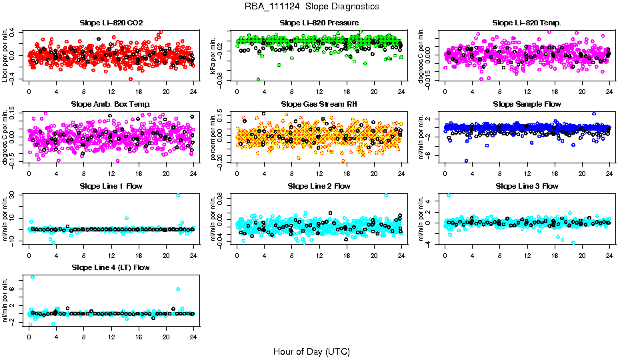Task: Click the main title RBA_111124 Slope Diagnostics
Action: (x=311, y=6)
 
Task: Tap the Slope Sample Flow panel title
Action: (x=527, y=104)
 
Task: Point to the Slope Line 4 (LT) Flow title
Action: (x=111, y=267)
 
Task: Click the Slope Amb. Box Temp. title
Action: (x=111, y=104)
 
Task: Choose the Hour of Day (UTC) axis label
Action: (x=311, y=351)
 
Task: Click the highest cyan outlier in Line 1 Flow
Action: (x=178, y=195)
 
